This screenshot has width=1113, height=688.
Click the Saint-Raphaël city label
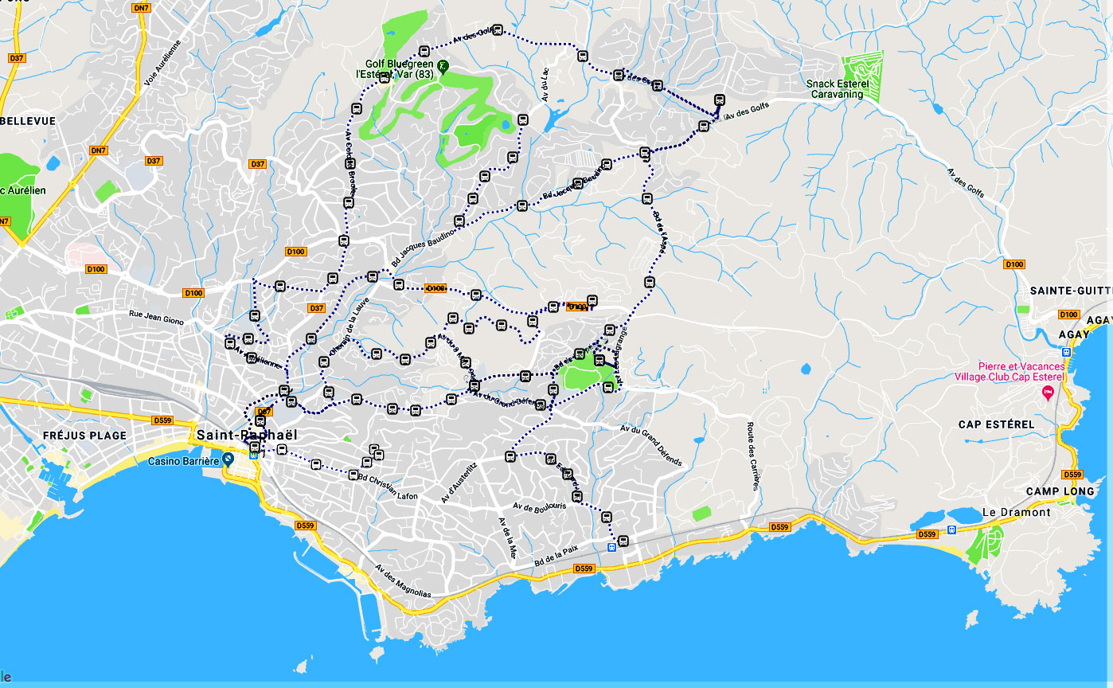click(247, 435)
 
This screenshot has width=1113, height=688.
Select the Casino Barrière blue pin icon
click(228, 459)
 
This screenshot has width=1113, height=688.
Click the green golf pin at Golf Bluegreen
click(443, 67)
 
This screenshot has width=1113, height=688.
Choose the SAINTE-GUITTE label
click(1071, 291)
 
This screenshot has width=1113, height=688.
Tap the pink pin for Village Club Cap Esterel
click(1048, 392)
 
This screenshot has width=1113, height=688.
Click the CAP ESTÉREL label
click(997, 424)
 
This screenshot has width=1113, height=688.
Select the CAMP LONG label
click(1065, 491)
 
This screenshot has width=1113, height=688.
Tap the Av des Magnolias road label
click(403, 581)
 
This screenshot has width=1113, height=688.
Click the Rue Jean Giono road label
click(156, 317)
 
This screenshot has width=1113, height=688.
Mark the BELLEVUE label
click(28, 121)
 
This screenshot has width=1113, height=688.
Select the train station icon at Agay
click(1066, 352)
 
